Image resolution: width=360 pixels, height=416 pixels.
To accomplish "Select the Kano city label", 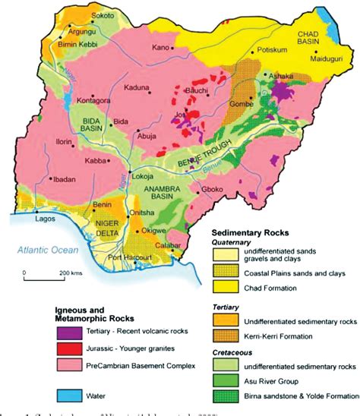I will (160, 48).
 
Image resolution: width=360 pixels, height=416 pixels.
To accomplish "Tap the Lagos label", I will (46, 219).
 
